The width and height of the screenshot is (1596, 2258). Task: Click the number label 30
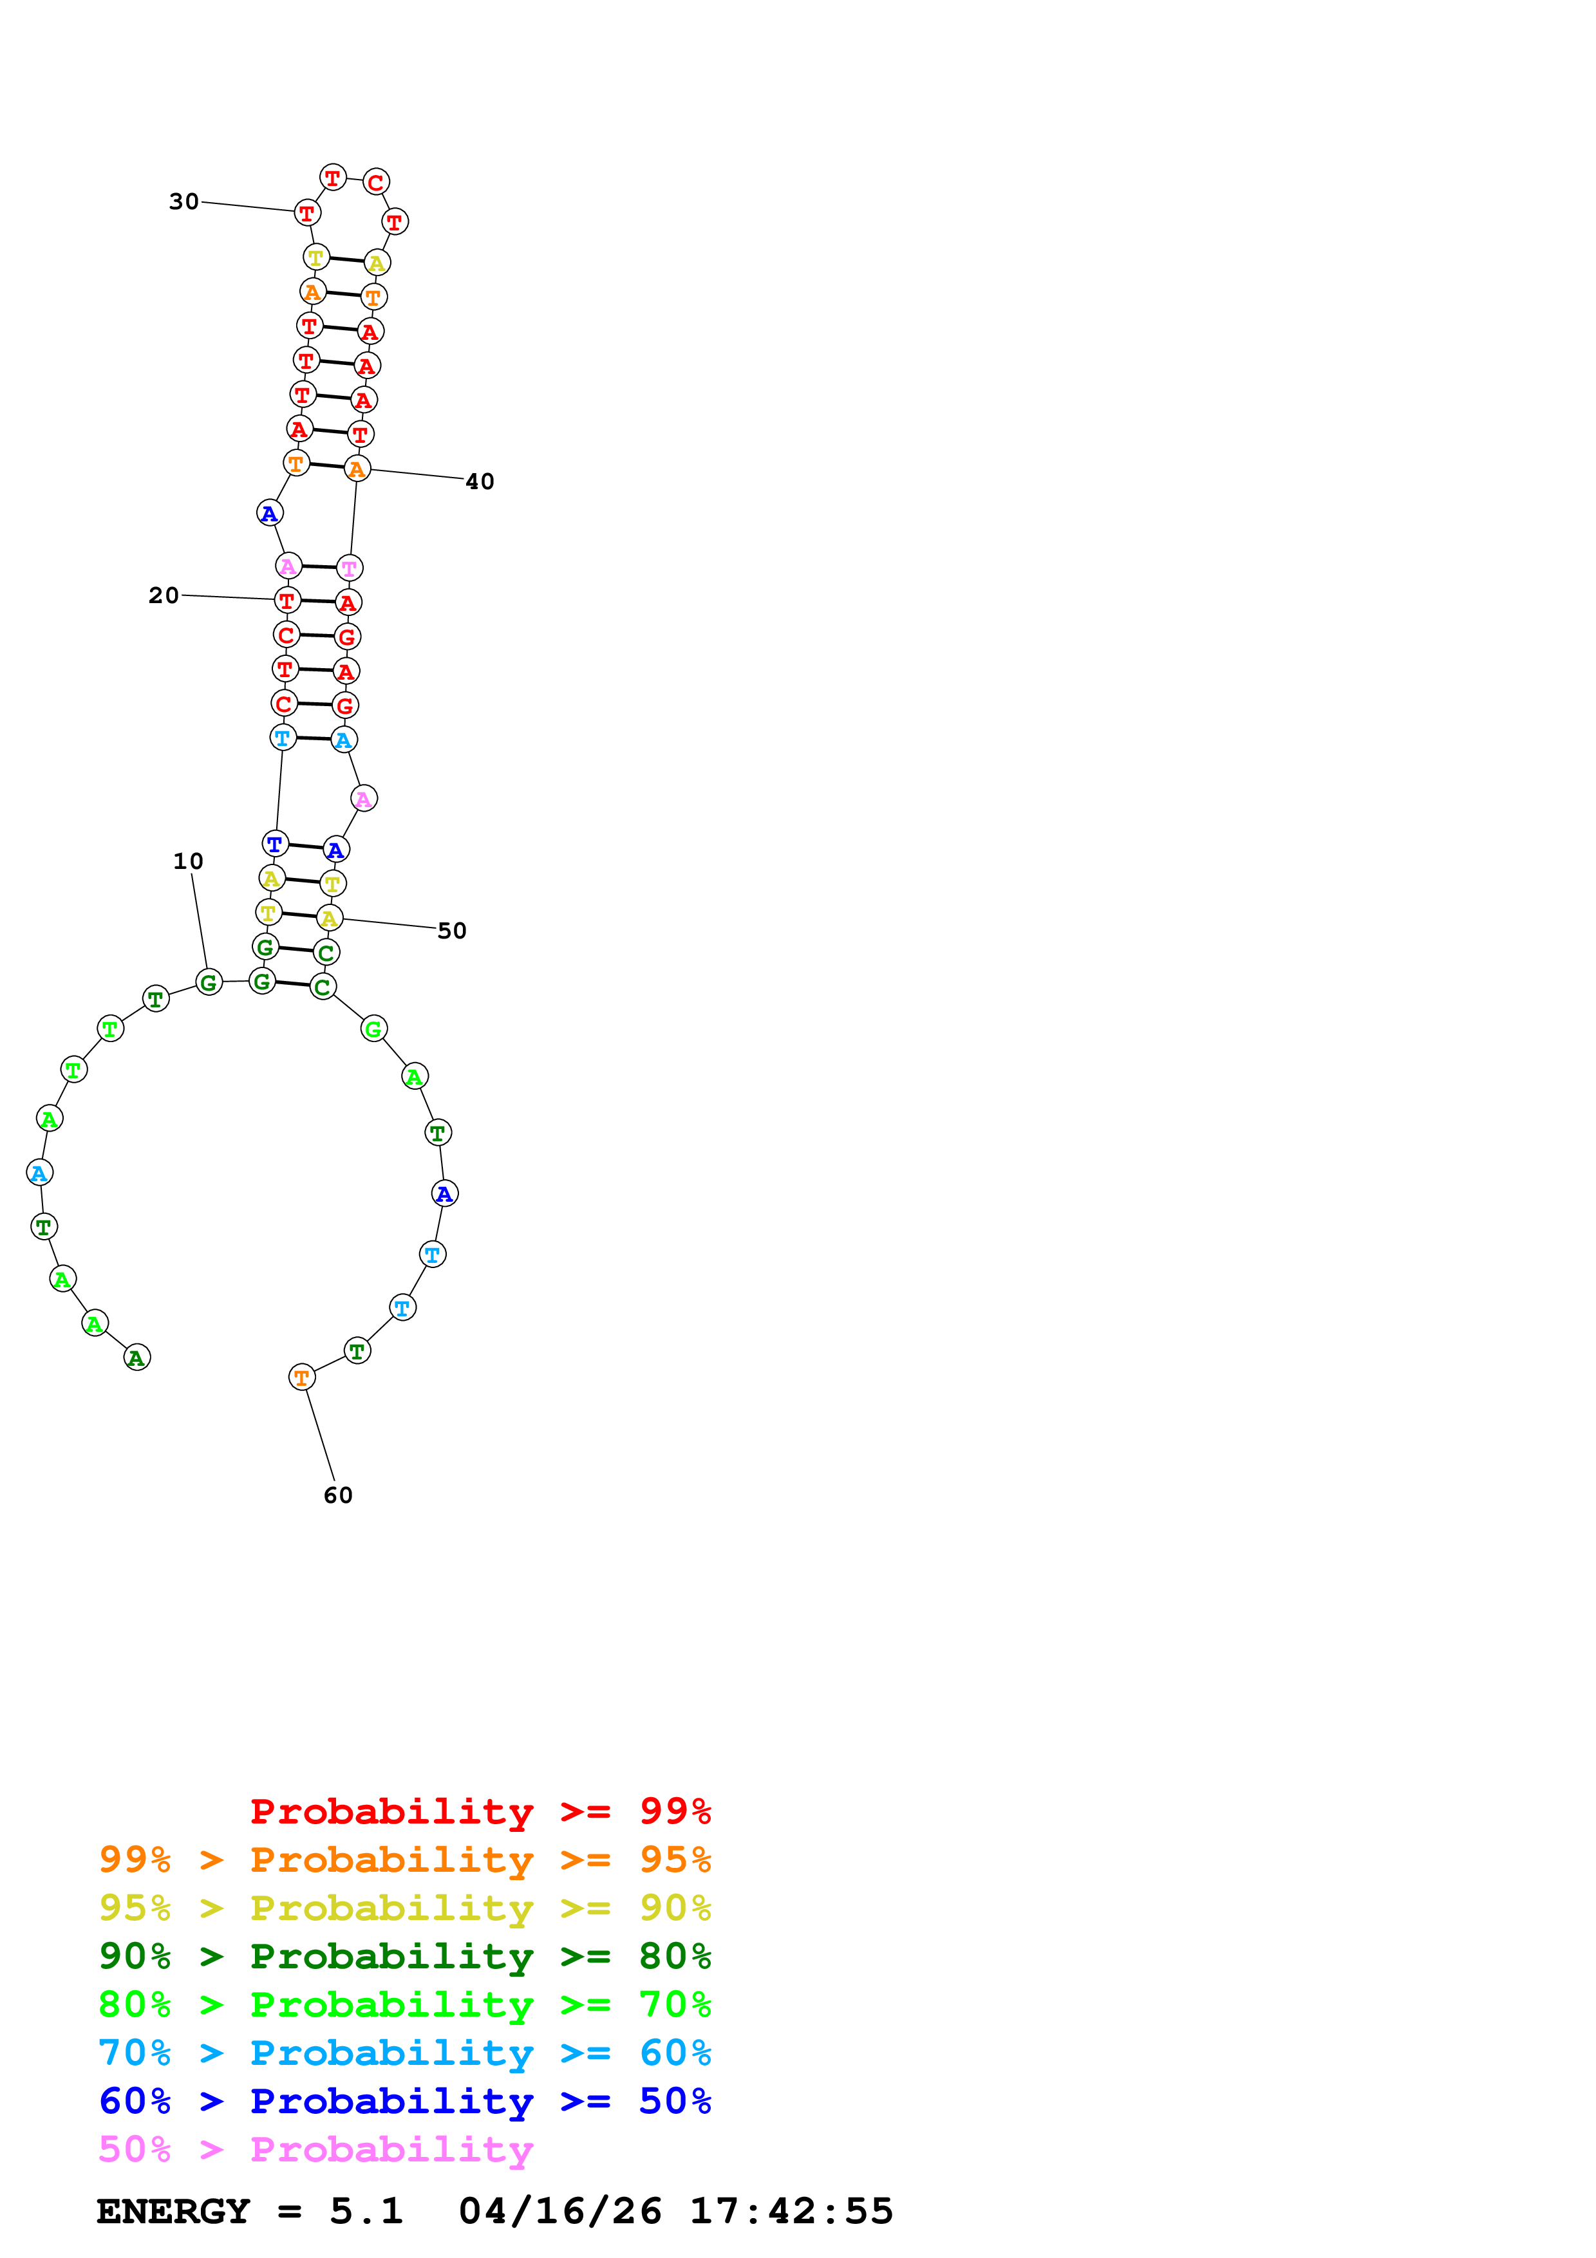(x=184, y=201)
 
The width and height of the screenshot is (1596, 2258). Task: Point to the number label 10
(x=188, y=861)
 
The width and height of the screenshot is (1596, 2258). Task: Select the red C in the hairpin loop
(x=375, y=182)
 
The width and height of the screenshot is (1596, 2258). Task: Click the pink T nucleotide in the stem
(x=349, y=568)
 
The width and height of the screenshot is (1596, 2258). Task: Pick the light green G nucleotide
(x=373, y=1030)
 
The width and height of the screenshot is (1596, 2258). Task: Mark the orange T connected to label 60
(x=302, y=1378)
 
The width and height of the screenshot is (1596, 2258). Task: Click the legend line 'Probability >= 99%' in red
(x=481, y=1811)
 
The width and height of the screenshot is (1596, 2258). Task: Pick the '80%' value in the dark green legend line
(x=675, y=1956)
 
